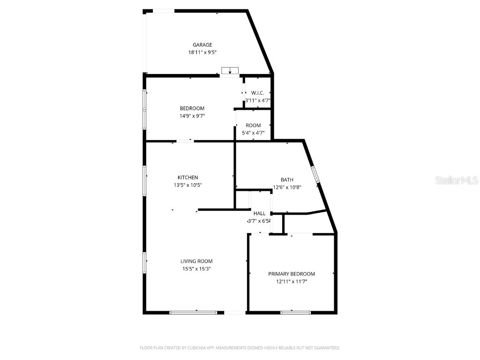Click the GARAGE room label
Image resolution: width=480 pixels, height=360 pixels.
pos(202,45)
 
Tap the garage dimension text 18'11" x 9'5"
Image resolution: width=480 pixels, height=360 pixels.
pos(202,53)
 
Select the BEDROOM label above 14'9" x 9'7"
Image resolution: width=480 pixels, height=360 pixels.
pos(192,108)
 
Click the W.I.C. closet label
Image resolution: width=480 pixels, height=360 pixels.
pos(258,93)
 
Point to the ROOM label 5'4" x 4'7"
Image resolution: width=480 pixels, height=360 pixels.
pos(253,125)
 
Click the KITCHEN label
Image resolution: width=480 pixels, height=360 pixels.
pos(187,177)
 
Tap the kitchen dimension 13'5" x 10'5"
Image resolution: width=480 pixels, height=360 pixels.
pos(187,185)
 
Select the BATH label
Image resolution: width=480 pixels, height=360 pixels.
pos(287,180)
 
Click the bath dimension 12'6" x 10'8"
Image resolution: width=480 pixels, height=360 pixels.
pos(287,187)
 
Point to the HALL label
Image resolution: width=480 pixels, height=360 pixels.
pos(259,213)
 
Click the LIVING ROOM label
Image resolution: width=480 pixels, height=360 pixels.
pos(196,261)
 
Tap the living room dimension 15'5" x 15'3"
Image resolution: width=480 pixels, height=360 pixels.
pos(196,269)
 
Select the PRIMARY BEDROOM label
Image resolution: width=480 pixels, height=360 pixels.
pos(291,274)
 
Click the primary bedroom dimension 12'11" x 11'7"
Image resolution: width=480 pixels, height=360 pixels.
pos(291,282)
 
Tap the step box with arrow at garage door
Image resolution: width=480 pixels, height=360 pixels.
pos(230,71)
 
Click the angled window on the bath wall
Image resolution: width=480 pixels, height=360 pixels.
pos(315,174)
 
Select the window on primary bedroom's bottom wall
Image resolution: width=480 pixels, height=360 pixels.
pos(295,312)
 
